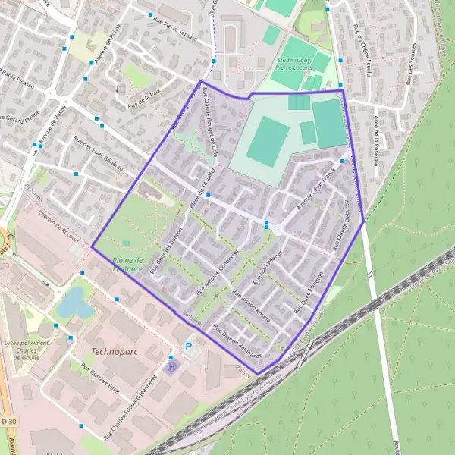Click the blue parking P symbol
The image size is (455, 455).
tap(189, 347)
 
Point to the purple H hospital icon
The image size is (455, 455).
tap(171, 366)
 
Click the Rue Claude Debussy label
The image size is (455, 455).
tap(340, 225)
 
